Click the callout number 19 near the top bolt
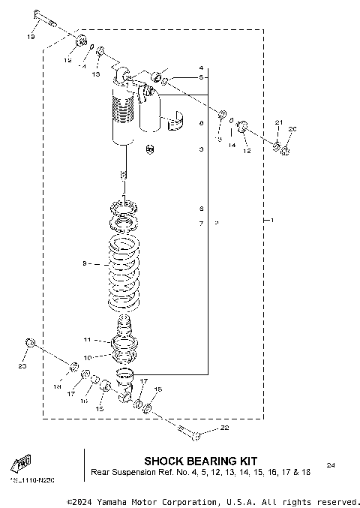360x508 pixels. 31,36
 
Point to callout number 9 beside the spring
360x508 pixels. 84,263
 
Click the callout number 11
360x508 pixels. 87,340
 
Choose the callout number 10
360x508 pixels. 87,358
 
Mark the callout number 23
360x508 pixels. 21,366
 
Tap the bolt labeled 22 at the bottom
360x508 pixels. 187,431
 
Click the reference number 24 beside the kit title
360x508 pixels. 331,466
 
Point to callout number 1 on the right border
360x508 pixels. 272,220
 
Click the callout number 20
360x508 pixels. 292,129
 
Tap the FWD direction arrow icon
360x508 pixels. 22,462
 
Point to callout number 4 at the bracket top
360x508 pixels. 201,68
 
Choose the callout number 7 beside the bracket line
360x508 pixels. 201,224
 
